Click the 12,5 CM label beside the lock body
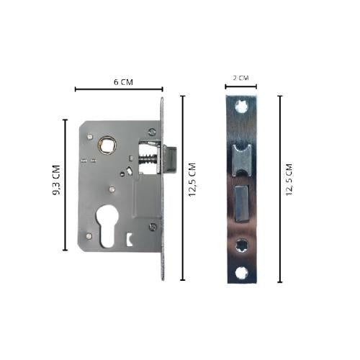point(192,189)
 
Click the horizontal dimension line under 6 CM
point(119,90)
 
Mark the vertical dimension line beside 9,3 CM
point(66,186)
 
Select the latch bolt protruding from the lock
point(171,156)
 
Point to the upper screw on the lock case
point(151,132)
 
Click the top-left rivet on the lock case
point(88,134)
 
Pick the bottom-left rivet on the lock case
point(88,237)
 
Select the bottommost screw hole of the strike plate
point(241,274)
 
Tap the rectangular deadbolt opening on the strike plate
point(240,204)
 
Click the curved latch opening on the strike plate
point(240,156)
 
